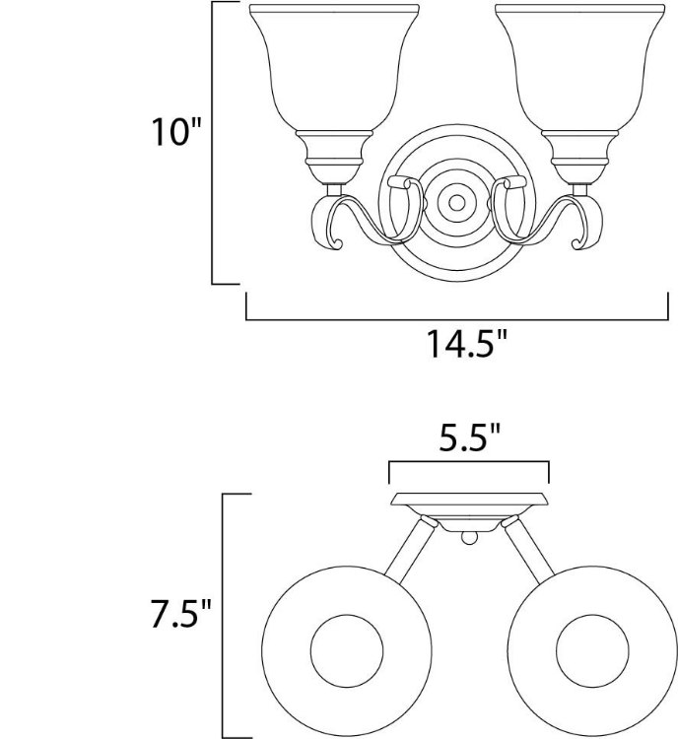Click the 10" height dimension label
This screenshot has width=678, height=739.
[175, 131]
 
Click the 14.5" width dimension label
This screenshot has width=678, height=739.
[467, 344]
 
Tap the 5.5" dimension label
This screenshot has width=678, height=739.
[469, 437]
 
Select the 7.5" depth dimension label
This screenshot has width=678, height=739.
[180, 613]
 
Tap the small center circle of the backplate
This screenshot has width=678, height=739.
[456, 203]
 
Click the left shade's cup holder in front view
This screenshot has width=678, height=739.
[334, 157]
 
